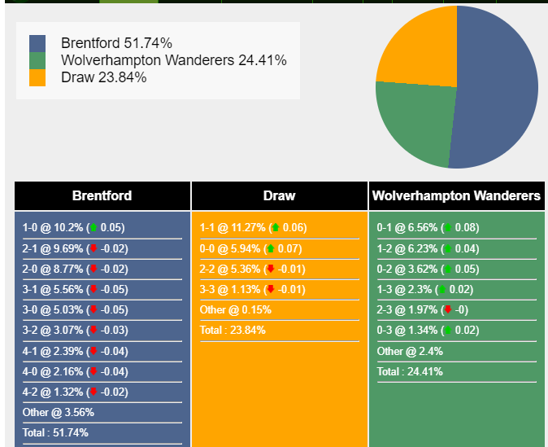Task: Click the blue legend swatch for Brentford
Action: click(x=37, y=43)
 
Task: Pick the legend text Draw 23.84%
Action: click(x=103, y=78)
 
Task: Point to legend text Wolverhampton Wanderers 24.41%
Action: click(x=173, y=60)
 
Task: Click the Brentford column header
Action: click(x=102, y=195)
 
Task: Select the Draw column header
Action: click(x=279, y=195)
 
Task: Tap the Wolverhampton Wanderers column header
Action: click(x=455, y=195)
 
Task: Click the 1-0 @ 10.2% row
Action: click(x=73, y=228)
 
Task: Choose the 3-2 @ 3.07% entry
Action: click(x=73, y=331)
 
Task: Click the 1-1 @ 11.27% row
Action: click(x=253, y=228)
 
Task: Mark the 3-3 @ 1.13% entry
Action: click(x=252, y=289)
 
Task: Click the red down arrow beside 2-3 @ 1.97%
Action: click(x=447, y=309)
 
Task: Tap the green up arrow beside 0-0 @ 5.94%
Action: click(x=270, y=248)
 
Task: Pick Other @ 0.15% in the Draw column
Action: click(x=236, y=310)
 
